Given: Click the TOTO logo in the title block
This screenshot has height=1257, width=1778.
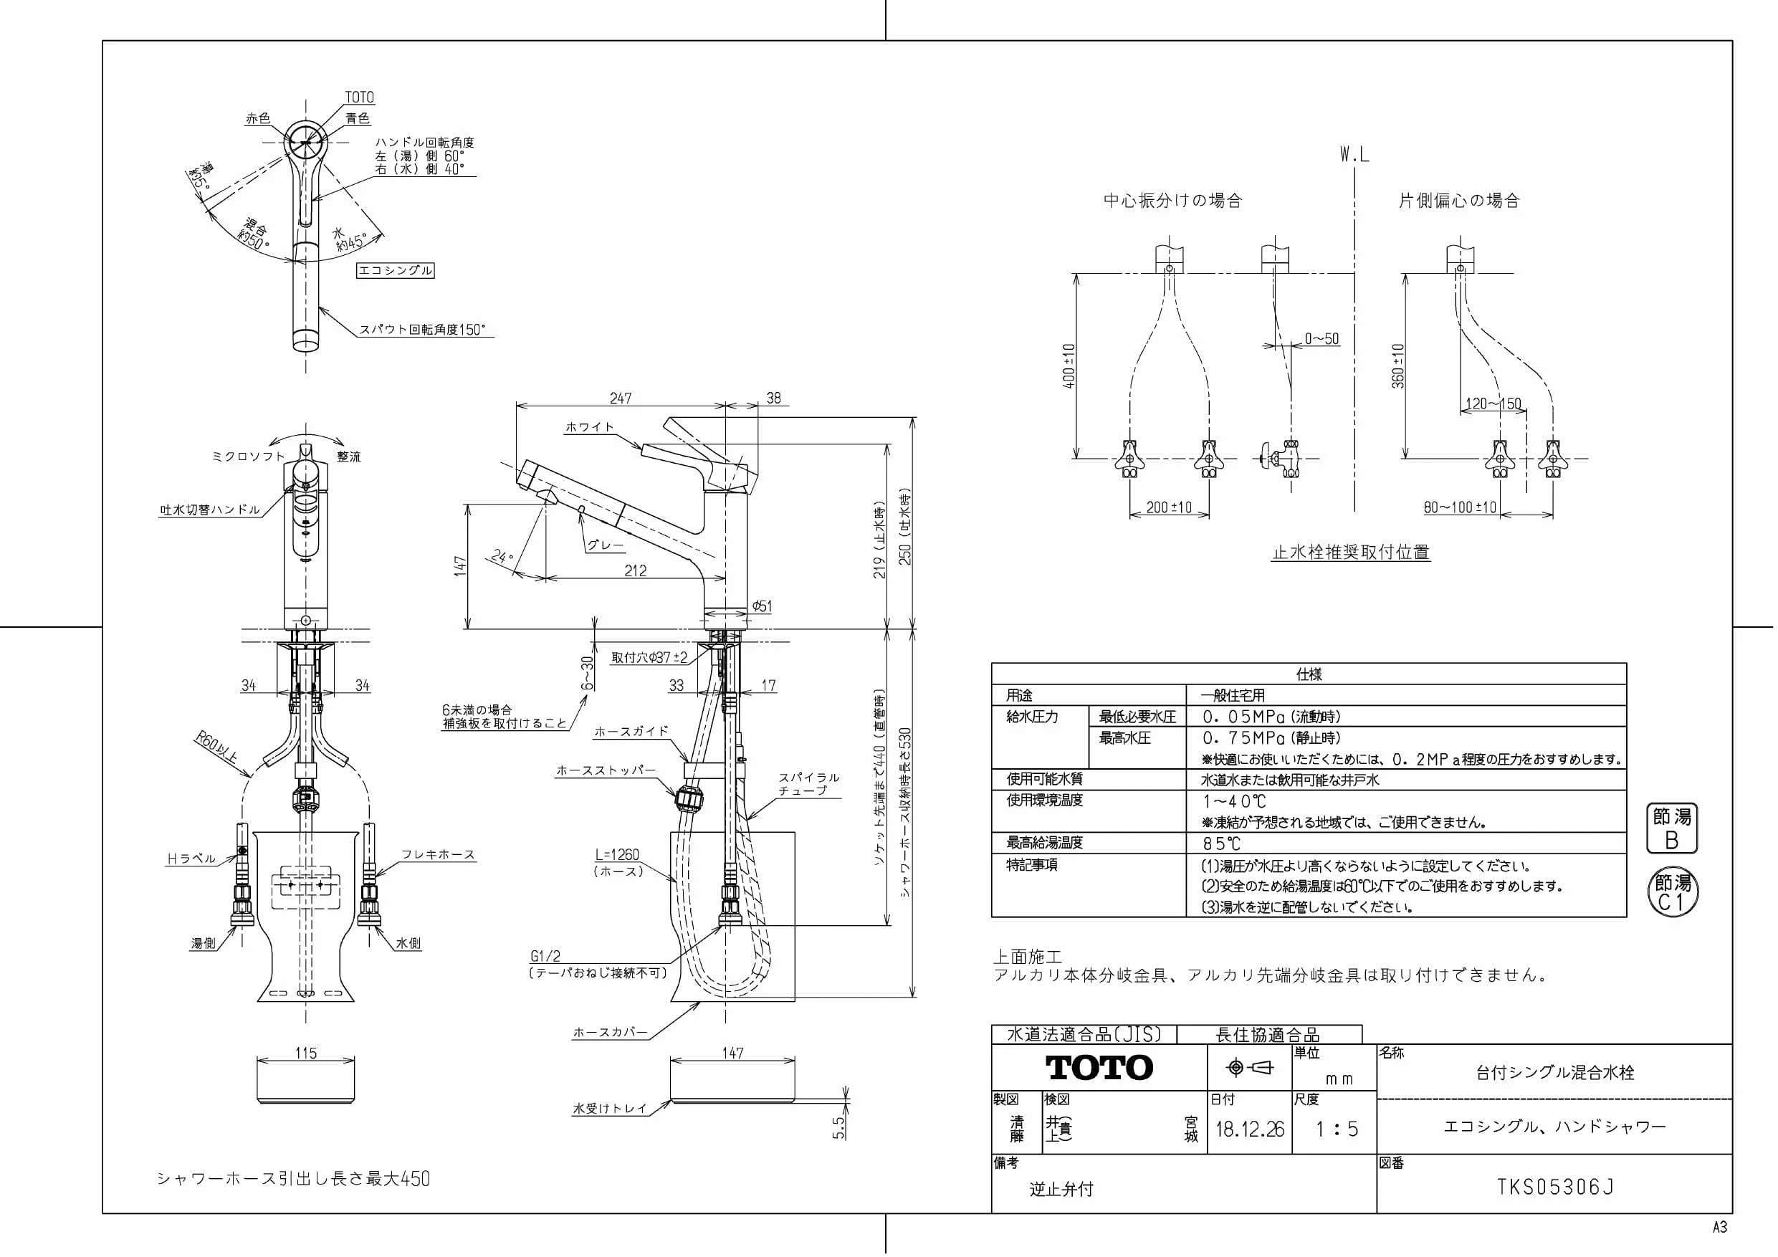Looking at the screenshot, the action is pyautogui.click(x=1099, y=1067).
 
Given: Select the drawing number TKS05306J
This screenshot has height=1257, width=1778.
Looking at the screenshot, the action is pyautogui.click(x=1555, y=1187).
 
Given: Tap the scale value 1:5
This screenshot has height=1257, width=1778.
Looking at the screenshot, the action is pyautogui.click(x=1337, y=1129).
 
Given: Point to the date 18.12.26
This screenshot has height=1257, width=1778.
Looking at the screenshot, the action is pyautogui.click(x=1249, y=1129).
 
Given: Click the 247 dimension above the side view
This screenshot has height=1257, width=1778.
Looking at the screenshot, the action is pyautogui.click(x=621, y=398).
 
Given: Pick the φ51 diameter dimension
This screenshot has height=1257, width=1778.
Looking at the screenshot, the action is pyautogui.click(x=762, y=607).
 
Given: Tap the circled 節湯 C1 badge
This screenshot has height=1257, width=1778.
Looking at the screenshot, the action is pyautogui.click(x=1672, y=893).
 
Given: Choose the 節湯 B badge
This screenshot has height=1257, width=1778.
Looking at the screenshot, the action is pyautogui.click(x=1671, y=828).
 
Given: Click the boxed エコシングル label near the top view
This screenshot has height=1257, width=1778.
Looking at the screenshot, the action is pyautogui.click(x=395, y=270).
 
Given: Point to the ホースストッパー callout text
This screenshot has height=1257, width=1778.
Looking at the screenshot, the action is pyautogui.click(x=606, y=770).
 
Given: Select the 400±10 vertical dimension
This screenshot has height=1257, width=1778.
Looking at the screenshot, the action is pyautogui.click(x=1069, y=365).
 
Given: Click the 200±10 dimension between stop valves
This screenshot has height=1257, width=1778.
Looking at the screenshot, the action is pyautogui.click(x=1169, y=507).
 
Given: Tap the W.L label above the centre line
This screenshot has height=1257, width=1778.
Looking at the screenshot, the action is pyautogui.click(x=1354, y=155).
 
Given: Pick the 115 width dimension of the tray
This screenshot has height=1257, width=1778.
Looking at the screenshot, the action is pyautogui.click(x=306, y=1053).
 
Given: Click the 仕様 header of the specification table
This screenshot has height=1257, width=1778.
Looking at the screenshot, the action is pyautogui.click(x=1309, y=674).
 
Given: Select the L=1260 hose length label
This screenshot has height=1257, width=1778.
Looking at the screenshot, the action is pyautogui.click(x=617, y=855).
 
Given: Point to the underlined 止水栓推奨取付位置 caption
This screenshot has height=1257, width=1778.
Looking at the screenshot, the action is pyautogui.click(x=1352, y=553).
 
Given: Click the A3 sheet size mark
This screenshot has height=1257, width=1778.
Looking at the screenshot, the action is pyautogui.click(x=1719, y=1228).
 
